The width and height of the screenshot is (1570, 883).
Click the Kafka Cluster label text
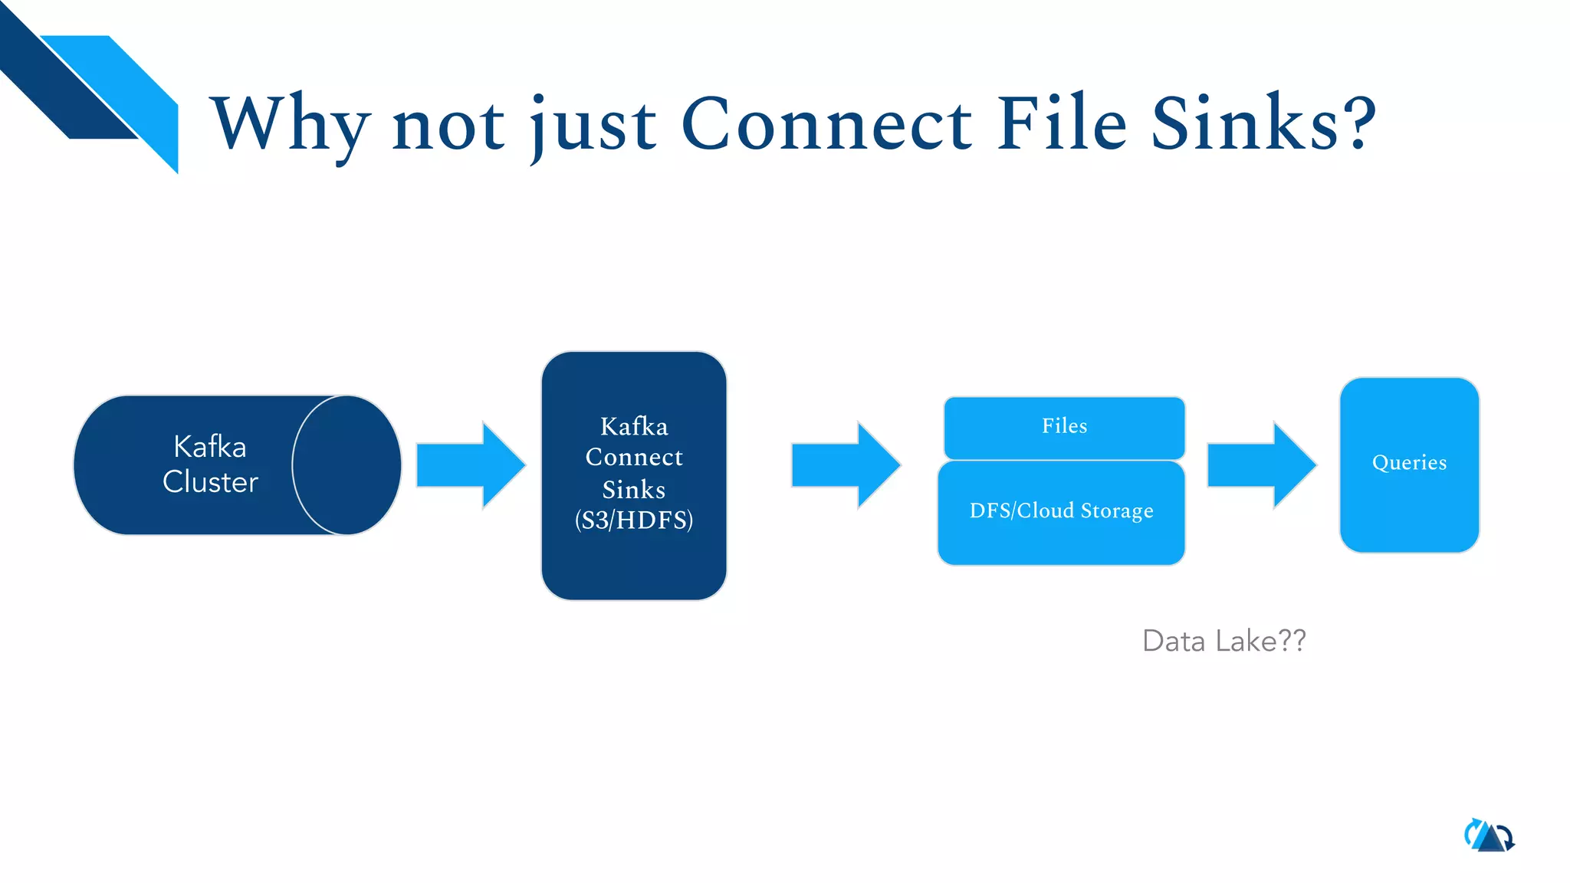tap(210, 464)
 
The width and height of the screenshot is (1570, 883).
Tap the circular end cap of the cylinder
tap(347, 464)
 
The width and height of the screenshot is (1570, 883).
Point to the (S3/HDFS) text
tap(634, 520)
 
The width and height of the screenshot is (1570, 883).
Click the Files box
tap(1064, 427)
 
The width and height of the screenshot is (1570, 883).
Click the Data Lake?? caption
tap(1223, 641)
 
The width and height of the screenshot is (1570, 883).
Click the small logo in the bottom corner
tap(1489, 835)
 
